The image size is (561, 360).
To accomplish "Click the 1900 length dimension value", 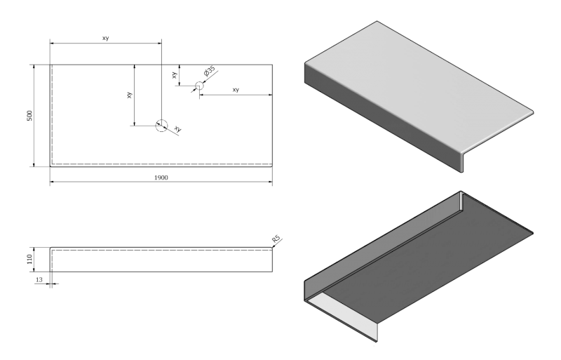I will coord(161,178).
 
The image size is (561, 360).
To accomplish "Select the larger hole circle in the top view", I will coord(161,126).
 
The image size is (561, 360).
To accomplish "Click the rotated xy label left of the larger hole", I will coord(129,94).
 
